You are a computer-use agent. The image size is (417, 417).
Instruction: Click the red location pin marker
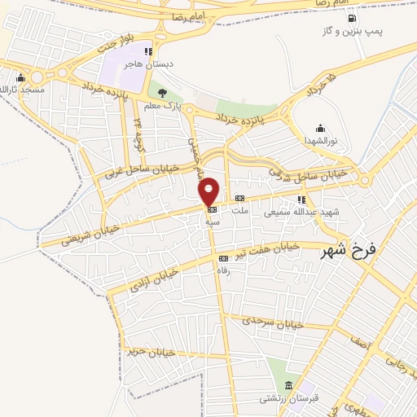pyautogui.click(x=209, y=191)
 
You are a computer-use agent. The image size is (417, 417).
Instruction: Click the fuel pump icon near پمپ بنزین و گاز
pyautogui.click(x=351, y=18)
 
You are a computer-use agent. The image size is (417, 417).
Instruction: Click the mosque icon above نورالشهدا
pyautogui.click(x=320, y=128)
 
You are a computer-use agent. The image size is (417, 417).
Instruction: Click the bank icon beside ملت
pyautogui.click(x=239, y=198)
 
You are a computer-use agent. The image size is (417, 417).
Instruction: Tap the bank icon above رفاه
pyautogui.click(x=223, y=259)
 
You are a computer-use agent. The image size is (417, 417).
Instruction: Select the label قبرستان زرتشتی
pyautogui.click(x=282, y=399)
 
